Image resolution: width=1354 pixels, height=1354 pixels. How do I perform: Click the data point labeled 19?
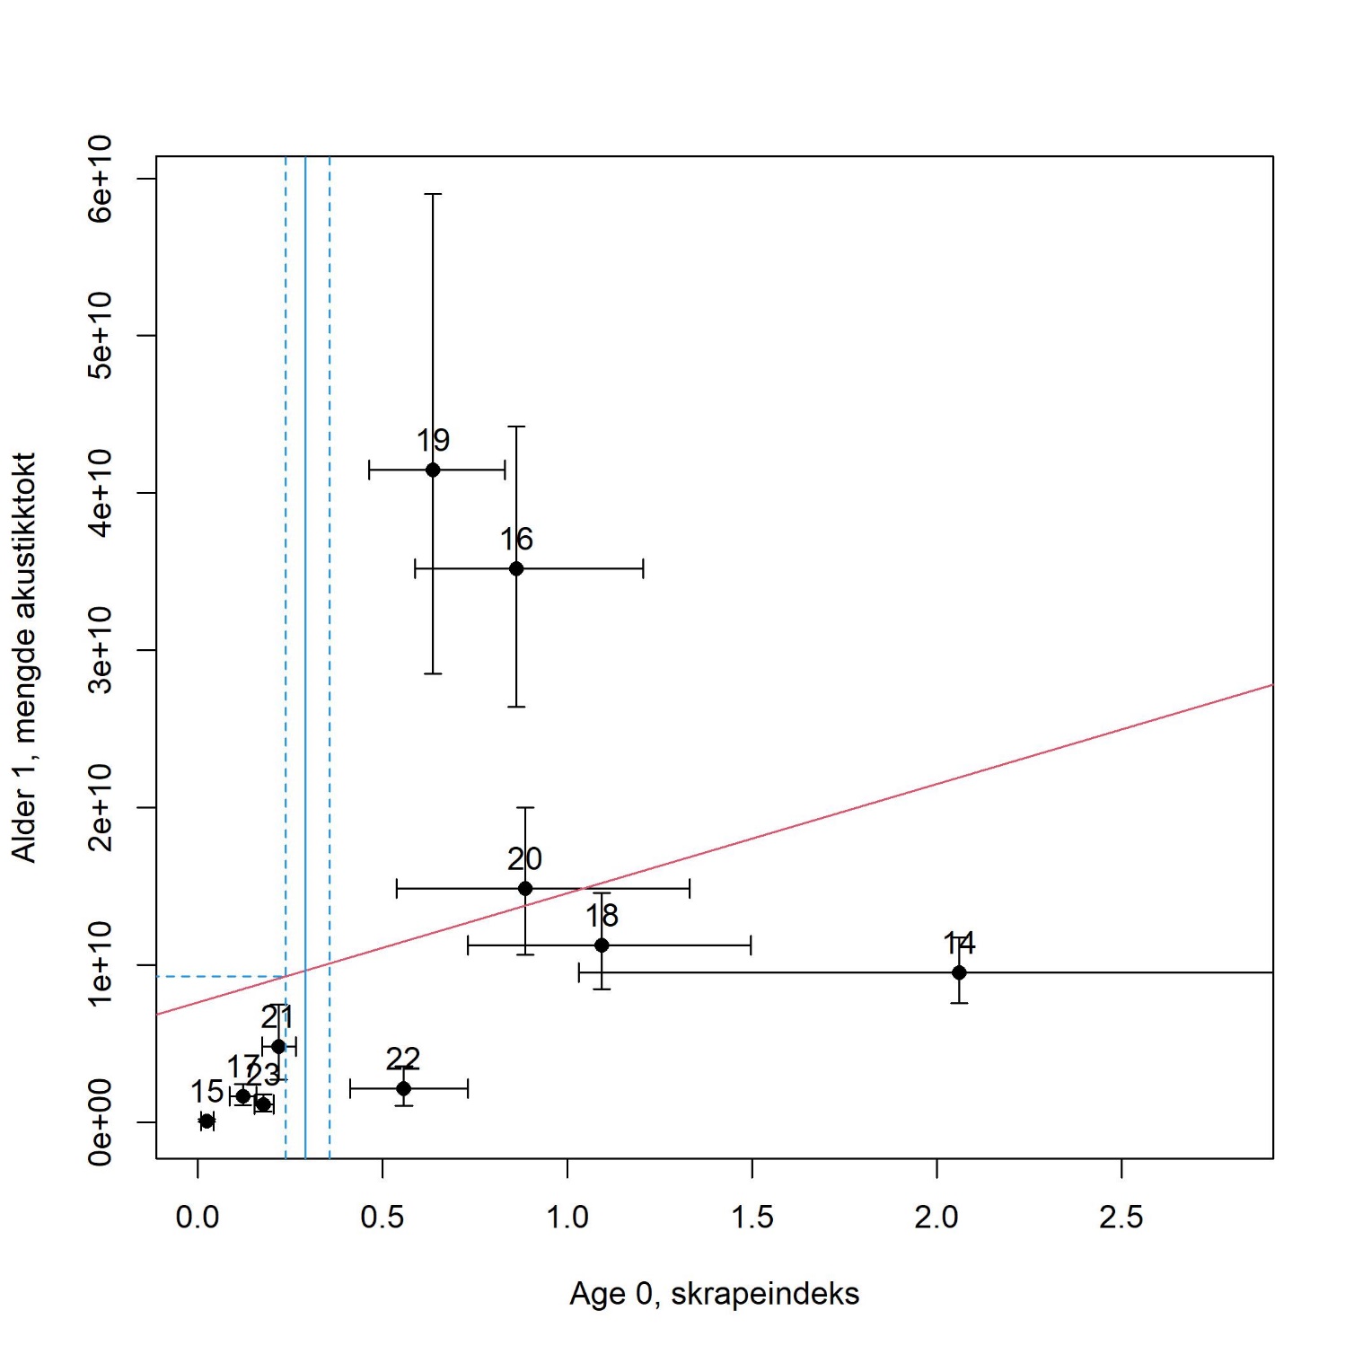[x=433, y=470]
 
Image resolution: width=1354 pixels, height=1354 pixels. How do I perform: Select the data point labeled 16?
[x=516, y=568]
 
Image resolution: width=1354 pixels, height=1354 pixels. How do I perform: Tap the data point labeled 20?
[x=525, y=889]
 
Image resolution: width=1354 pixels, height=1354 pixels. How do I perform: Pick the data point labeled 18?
[x=602, y=945]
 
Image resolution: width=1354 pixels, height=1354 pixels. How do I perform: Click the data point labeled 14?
[x=959, y=972]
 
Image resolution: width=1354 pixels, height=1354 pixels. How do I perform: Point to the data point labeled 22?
[x=403, y=1088]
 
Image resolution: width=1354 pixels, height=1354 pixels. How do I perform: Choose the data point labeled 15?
[x=207, y=1121]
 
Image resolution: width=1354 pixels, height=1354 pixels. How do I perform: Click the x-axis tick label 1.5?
[x=752, y=1218]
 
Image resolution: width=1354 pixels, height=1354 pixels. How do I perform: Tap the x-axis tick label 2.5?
[x=1121, y=1218]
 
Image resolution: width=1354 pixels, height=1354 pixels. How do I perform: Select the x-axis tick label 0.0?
[x=198, y=1218]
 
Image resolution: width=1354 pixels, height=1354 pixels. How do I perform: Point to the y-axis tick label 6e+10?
[x=101, y=178]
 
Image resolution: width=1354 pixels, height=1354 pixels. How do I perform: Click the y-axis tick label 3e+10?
[x=101, y=649]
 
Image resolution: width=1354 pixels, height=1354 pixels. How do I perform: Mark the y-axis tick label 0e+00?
[x=101, y=1121]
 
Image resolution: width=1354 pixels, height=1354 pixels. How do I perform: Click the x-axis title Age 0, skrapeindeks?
[x=714, y=1294]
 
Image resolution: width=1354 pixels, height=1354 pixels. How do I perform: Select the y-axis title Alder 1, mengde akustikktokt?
[x=24, y=657]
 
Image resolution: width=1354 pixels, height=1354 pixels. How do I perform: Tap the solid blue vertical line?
[x=305, y=629]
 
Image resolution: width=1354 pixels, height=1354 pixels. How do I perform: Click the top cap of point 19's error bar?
[x=433, y=194]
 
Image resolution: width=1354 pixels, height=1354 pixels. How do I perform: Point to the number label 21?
[x=277, y=1017]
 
